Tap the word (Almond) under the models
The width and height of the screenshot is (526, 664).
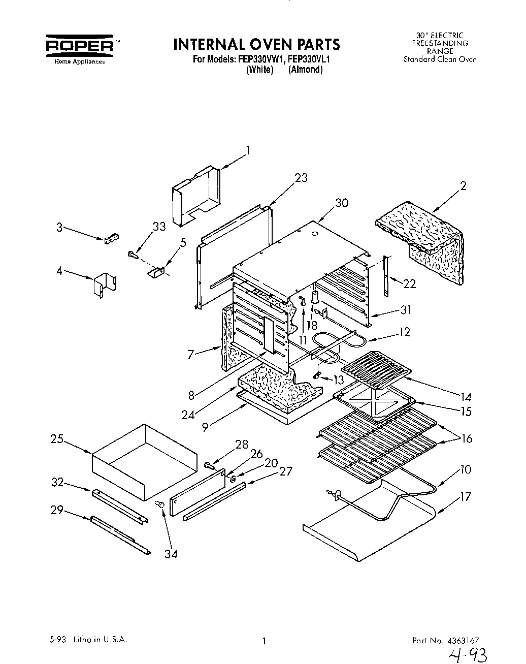305,70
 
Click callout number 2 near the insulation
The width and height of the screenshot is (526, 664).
463,186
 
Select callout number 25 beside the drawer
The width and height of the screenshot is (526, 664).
56,439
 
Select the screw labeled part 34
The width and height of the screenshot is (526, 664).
159,503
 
